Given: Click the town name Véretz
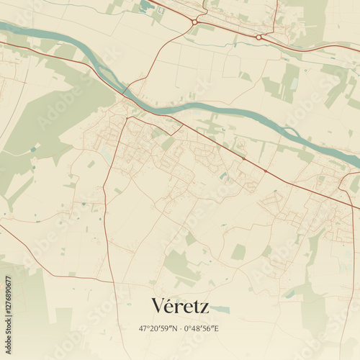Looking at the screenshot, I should (180, 306).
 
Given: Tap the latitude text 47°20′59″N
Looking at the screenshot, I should (158, 328).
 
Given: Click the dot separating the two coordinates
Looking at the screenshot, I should (180, 328).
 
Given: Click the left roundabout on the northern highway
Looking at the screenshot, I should (194, 22).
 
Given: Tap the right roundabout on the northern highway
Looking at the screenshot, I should (258, 37).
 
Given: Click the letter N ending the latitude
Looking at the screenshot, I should (175, 328).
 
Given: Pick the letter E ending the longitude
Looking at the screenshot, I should (218, 328).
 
